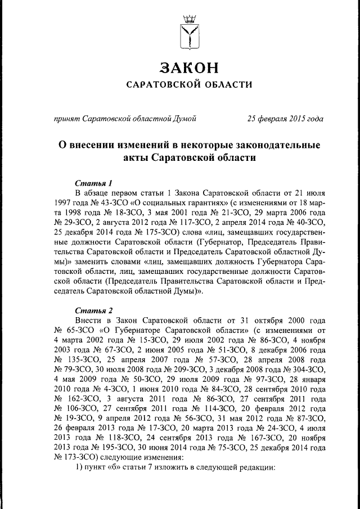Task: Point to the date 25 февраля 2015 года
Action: tap(286, 118)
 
